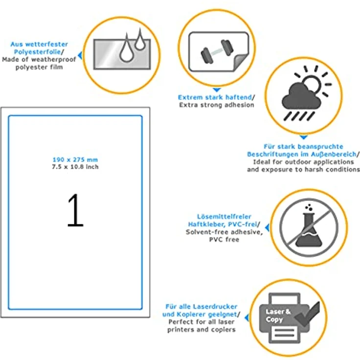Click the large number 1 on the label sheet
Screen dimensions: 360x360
(x=76, y=210)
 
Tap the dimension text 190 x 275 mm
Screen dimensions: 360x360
(x=75, y=159)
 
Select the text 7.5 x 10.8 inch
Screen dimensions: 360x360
(x=75, y=167)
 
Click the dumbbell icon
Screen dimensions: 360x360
(x=217, y=52)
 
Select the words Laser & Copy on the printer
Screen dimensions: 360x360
(x=278, y=315)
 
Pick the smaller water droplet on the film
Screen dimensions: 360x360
(x=139, y=40)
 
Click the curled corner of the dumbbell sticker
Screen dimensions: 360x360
(x=241, y=63)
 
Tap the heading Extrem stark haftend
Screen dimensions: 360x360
(x=215, y=97)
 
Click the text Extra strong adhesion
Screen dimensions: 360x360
(x=217, y=105)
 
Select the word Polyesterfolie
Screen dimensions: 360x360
(x=38, y=52)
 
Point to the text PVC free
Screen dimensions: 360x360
(x=224, y=240)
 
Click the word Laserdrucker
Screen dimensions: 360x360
(x=215, y=307)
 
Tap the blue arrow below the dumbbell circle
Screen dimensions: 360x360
(x=217, y=90)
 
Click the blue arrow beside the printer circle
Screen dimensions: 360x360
(x=247, y=318)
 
